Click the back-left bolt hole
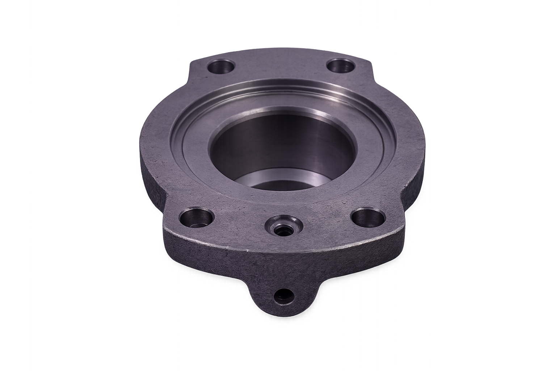coord(222,67)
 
